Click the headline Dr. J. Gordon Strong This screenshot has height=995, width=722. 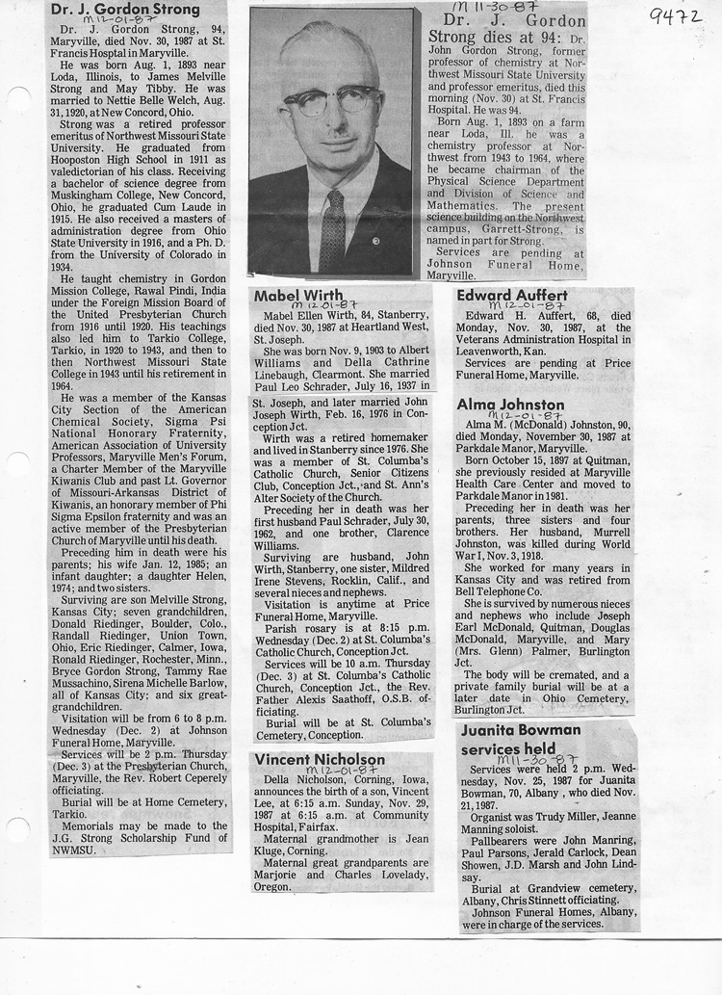pos(124,9)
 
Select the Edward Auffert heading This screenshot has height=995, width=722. pos(512,295)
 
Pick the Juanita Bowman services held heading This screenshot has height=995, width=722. pos(521,739)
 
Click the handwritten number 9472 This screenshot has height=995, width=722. pos(676,14)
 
